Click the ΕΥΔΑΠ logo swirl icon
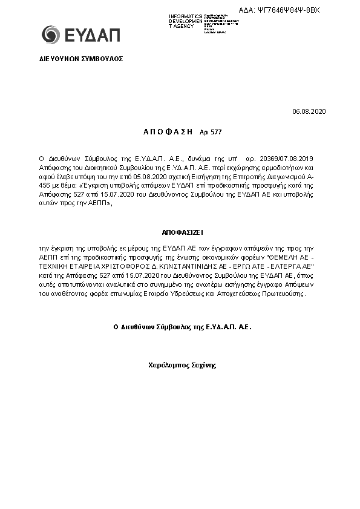pyautogui.click(x=50, y=34)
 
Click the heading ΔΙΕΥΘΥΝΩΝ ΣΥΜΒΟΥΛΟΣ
pyautogui.click(x=77, y=59)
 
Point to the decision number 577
pyautogui.click(x=215, y=131)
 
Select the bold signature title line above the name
pyautogui.click(x=182, y=326)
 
